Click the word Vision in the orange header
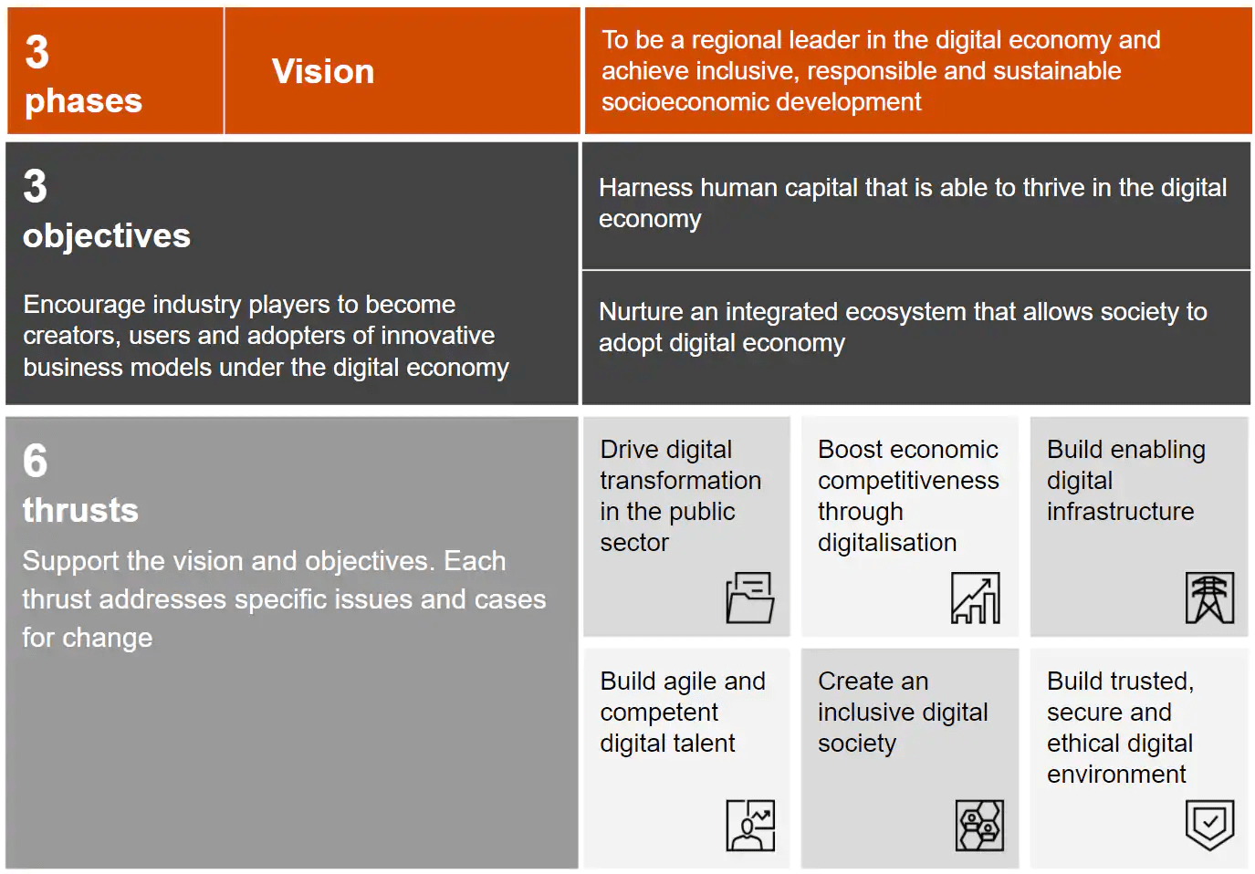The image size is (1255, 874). click(x=323, y=71)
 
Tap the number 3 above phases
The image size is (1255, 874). click(x=37, y=51)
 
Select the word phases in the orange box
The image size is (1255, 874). click(x=83, y=102)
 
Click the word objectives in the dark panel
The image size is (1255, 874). click(x=107, y=235)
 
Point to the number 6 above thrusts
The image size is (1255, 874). click(x=35, y=460)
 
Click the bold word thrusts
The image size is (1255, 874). click(x=80, y=510)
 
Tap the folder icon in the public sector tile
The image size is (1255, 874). click(x=750, y=598)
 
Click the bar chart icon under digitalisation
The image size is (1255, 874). click(x=975, y=598)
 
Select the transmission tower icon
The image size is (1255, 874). click(x=1209, y=598)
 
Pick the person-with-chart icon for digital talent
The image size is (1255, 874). click(x=750, y=826)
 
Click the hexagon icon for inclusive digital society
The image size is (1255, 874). click(x=979, y=826)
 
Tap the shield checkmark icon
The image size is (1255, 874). click(x=1209, y=826)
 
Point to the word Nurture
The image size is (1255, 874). click(x=641, y=312)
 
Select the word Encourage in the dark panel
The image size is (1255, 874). click(x=83, y=305)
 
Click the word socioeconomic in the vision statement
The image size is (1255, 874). click(x=685, y=102)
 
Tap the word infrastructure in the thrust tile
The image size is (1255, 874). click(x=1121, y=511)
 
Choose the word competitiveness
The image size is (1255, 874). click(x=908, y=481)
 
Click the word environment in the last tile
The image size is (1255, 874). click(x=1116, y=775)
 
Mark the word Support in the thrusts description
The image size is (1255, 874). click(x=69, y=562)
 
